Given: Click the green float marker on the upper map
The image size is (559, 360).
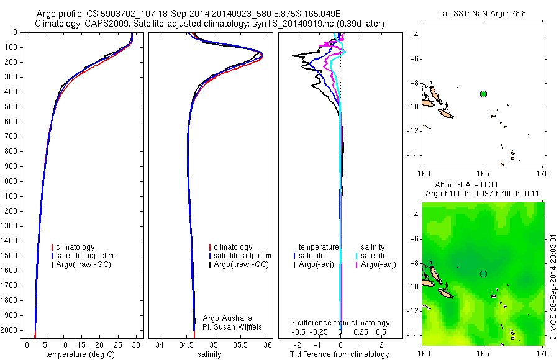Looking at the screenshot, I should tap(483, 94).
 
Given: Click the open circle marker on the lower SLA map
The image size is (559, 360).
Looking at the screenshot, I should tap(483, 274).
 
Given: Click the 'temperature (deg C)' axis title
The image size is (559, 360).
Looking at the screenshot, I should tap(82, 354).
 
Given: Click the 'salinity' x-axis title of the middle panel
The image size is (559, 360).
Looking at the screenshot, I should tap(209, 354).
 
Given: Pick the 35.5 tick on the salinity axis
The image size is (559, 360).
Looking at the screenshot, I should tap(241, 344).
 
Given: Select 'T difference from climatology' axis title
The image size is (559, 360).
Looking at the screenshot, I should tap(340, 354).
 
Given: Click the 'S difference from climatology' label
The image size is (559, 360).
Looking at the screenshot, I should tap(340, 323).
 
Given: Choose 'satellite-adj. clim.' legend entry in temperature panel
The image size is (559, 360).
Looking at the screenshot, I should tap(91, 256).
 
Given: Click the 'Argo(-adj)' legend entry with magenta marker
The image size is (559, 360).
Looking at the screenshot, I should tap(379, 264).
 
